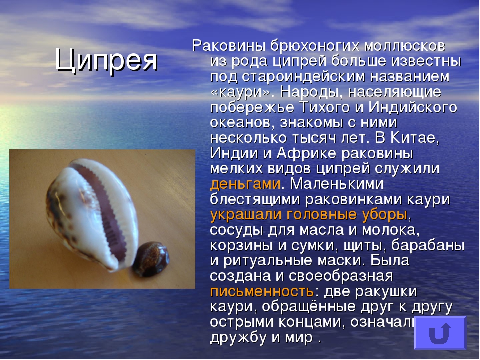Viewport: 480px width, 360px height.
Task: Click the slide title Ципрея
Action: coord(106,60)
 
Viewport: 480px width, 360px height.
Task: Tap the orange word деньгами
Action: coord(245,184)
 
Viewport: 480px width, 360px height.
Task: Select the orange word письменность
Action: coord(262,291)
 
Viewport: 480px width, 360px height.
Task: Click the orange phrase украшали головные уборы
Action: coord(309,215)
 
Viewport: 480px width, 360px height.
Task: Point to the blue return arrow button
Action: coord(440,333)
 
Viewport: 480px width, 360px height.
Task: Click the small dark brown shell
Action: coord(151,259)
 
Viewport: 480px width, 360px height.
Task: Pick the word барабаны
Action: coord(428,246)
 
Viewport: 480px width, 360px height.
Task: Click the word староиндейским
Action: coord(303,77)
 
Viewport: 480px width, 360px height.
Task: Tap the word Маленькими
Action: coord(336,184)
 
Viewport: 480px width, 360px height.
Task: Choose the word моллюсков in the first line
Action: coord(404,46)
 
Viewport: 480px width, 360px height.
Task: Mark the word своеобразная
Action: coord(341,276)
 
